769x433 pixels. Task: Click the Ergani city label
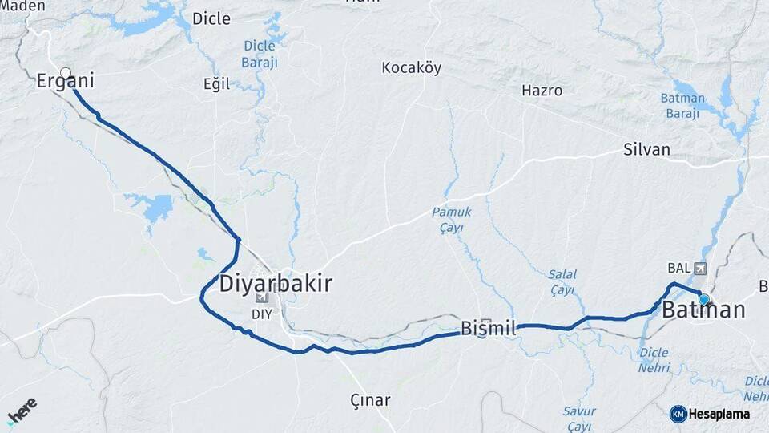click(66, 81)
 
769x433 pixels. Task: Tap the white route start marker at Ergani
click(66, 72)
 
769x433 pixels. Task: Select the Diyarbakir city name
click(275, 284)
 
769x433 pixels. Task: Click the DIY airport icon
click(262, 298)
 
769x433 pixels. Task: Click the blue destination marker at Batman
click(704, 299)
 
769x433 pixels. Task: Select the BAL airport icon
click(703, 268)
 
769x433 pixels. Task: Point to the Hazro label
click(542, 91)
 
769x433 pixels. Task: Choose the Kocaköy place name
click(412, 67)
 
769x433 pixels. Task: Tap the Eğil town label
click(216, 84)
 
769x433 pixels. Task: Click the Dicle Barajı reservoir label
click(260, 53)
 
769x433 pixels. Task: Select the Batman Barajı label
click(682, 105)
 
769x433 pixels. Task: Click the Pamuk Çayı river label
click(452, 219)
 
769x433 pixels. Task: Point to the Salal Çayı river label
click(562, 281)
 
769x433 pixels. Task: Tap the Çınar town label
click(370, 399)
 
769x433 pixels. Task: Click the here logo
click(22, 410)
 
